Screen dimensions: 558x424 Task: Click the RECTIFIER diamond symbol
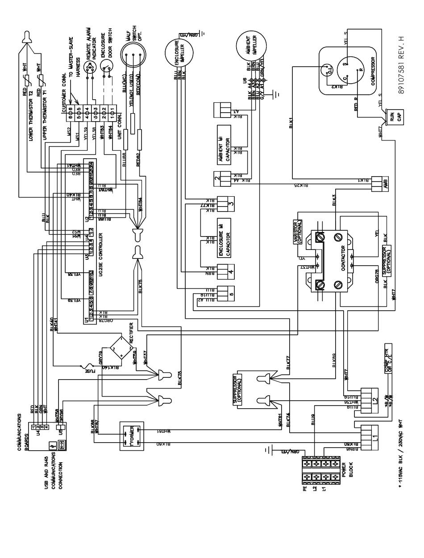pos(120,347)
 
